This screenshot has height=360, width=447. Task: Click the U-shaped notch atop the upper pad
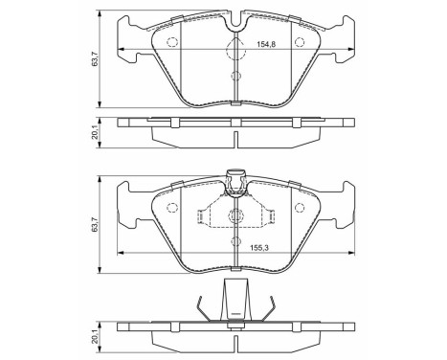(x=235, y=29)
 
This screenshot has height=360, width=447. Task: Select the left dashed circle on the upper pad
(x=172, y=41)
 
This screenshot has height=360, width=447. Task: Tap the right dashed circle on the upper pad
(x=298, y=41)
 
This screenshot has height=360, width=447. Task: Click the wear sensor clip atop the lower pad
(x=235, y=179)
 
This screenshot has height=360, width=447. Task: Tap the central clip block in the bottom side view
(x=235, y=304)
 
